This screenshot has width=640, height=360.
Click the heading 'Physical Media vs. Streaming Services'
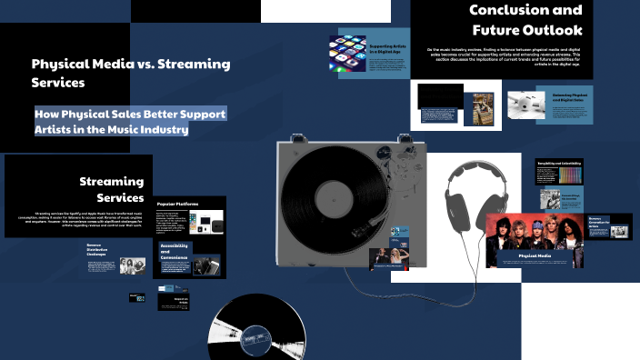(x=131, y=73)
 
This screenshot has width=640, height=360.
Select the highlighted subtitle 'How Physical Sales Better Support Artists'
(x=130, y=122)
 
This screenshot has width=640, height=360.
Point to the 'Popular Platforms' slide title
(x=178, y=205)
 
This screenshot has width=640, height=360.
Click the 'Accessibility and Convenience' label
(x=174, y=251)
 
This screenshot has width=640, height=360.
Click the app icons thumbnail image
(x=347, y=54)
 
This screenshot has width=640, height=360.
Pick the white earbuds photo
(x=526, y=105)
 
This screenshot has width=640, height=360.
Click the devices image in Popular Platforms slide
(x=203, y=222)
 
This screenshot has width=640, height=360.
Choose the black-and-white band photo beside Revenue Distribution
(x=133, y=265)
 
